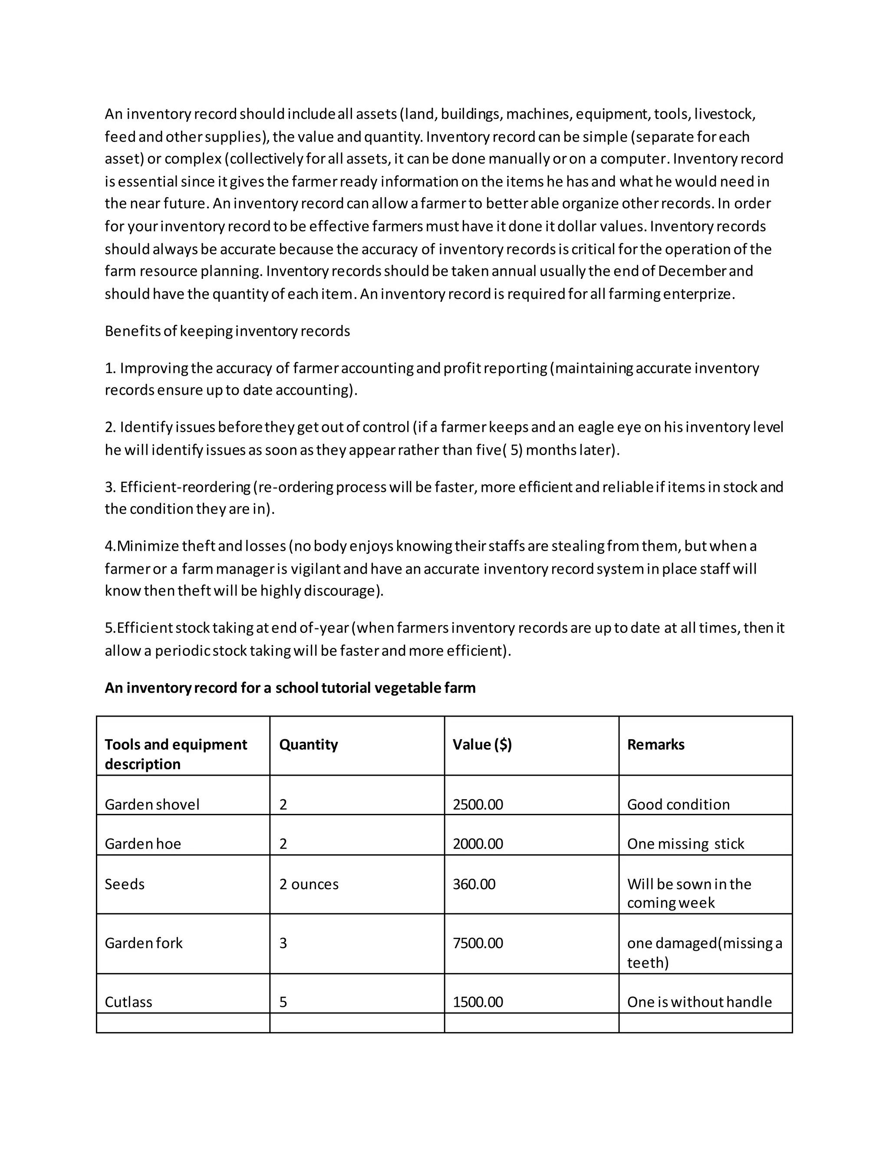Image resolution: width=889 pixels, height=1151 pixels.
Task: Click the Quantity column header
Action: pyautogui.click(x=308, y=744)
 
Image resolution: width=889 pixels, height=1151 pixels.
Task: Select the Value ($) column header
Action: pyautogui.click(x=482, y=744)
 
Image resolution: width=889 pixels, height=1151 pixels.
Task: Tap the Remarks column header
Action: pyautogui.click(x=656, y=744)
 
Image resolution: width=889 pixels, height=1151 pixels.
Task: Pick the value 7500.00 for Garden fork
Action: pyautogui.click(x=477, y=943)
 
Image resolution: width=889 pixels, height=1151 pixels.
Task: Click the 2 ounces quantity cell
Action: pyautogui.click(x=309, y=884)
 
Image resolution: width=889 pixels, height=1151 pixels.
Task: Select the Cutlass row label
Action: pyautogui.click(x=128, y=1002)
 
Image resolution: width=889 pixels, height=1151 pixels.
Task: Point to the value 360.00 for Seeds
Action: pyautogui.click(x=474, y=884)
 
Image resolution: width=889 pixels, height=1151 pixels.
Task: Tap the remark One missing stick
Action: pyautogui.click(x=685, y=844)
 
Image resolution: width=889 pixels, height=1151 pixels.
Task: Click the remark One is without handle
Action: pyautogui.click(x=699, y=1002)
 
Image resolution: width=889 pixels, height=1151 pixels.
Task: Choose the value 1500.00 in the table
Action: pyautogui.click(x=477, y=1002)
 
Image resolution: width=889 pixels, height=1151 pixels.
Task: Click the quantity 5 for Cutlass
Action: pyautogui.click(x=283, y=1002)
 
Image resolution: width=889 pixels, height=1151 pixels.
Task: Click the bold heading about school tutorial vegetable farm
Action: pyautogui.click(x=290, y=688)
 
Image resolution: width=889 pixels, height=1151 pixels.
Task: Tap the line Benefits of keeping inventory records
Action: pyautogui.click(x=227, y=331)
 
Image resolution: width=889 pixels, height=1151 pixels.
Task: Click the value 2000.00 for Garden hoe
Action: pyautogui.click(x=477, y=844)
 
